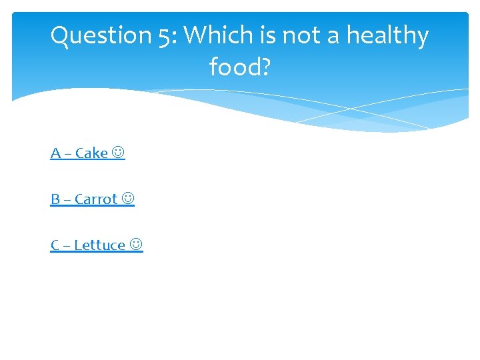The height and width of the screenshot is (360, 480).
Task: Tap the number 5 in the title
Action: click(164, 35)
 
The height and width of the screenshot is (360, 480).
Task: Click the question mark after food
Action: click(265, 66)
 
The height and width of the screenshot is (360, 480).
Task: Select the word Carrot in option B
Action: click(96, 199)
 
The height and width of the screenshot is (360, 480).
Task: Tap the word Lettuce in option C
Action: click(99, 245)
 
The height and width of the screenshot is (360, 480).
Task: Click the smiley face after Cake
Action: click(119, 153)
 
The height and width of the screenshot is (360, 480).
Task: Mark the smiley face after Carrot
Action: click(128, 199)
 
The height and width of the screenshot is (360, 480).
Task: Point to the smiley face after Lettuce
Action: click(136, 245)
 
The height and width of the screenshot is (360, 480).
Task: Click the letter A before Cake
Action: click(55, 153)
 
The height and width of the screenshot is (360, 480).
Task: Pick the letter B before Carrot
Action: click(55, 199)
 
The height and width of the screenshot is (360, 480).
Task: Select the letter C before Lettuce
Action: click(55, 245)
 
